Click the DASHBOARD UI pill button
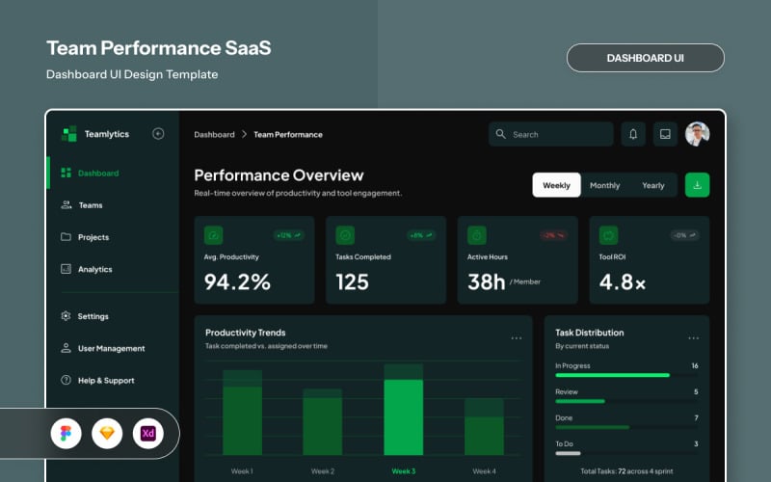[x=645, y=58]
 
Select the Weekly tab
[x=556, y=185]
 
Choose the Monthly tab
[x=604, y=185]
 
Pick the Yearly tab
[x=652, y=185]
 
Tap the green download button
[x=697, y=185]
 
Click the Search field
[x=550, y=134]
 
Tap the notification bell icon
[x=633, y=134]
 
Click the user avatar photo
[x=697, y=134]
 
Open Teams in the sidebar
[x=90, y=205]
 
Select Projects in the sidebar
[x=93, y=237]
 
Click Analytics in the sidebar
[x=94, y=269]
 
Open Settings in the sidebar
[x=93, y=316]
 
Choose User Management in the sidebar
[x=111, y=348]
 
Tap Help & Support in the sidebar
[x=105, y=381]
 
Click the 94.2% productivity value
[x=237, y=281]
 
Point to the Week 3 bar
[x=403, y=415]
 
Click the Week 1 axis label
[x=242, y=471]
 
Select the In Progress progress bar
[x=612, y=375]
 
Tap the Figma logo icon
[x=66, y=434]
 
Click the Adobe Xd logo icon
[x=148, y=434]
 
